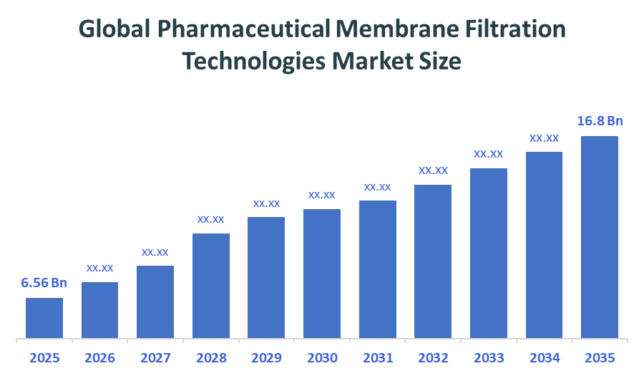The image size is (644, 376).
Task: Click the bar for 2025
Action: [x=44, y=317]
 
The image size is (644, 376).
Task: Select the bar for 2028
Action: [x=211, y=285]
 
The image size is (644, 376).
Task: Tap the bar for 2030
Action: [x=322, y=273]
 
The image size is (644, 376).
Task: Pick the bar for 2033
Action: [x=489, y=253]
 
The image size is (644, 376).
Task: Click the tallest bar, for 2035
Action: [x=600, y=236]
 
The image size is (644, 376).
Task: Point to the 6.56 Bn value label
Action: [x=44, y=283]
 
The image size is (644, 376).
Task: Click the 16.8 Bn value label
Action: [x=600, y=121]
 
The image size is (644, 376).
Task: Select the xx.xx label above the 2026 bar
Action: [x=100, y=268]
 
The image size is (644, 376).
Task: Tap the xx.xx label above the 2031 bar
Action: [x=377, y=187]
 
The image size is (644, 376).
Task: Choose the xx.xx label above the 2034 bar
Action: [x=544, y=138]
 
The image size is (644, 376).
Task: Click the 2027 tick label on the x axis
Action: [x=155, y=357]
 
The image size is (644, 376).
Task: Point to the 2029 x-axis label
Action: [x=266, y=357]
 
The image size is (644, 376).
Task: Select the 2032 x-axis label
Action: [x=433, y=357]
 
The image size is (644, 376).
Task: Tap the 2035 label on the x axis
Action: [x=600, y=357]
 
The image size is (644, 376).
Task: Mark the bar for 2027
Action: [x=155, y=302]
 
